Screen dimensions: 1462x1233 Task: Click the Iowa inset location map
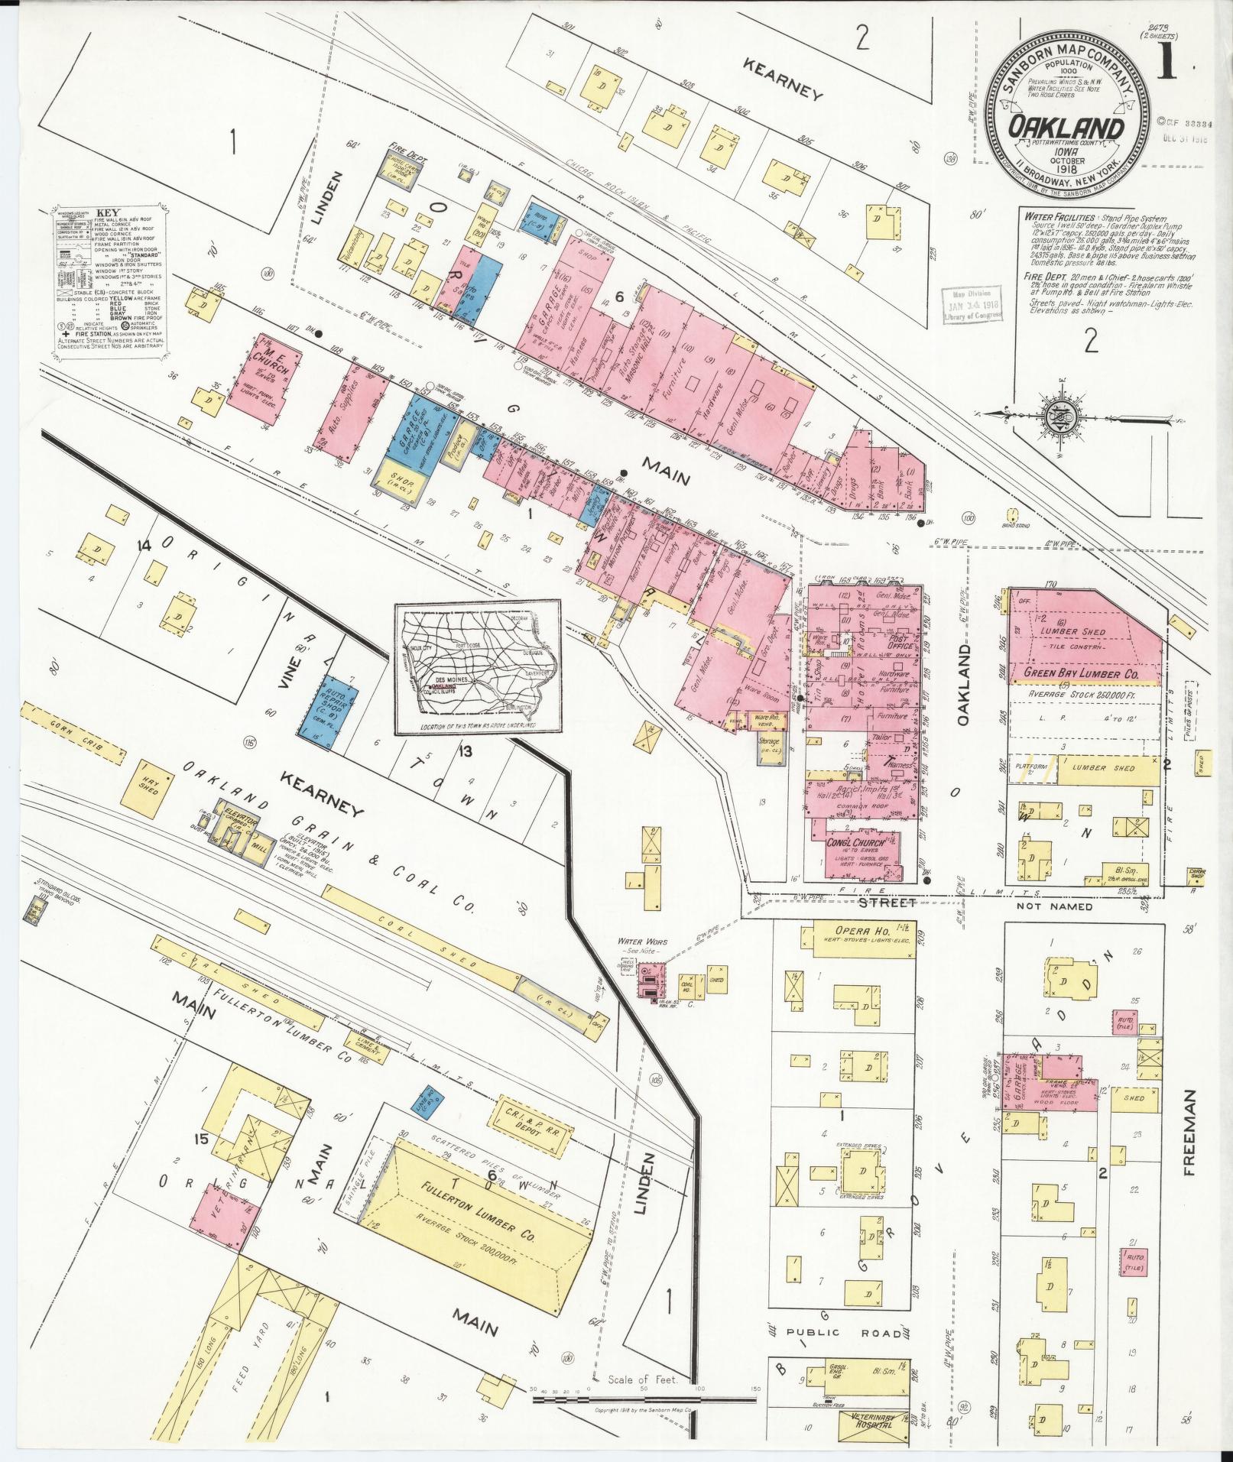point(477,669)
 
